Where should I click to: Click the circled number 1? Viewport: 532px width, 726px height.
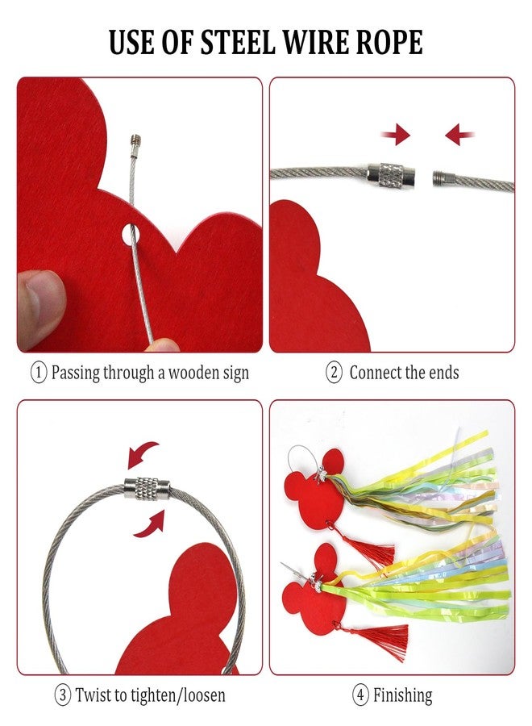(x=39, y=373)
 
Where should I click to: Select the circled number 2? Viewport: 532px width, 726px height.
(x=334, y=373)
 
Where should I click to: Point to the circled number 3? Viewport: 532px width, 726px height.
(x=63, y=695)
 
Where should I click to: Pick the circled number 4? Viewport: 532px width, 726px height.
(x=361, y=695)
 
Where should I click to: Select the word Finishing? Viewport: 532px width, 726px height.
(x=402, y=696)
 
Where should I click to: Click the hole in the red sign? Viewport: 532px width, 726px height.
(x=131, y=234)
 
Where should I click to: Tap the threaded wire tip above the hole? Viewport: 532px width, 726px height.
(x=135, y=140)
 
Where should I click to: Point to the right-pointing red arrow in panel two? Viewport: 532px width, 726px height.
(x=396, y=136)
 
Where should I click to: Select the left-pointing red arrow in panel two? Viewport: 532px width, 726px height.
(x=459, y=135)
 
